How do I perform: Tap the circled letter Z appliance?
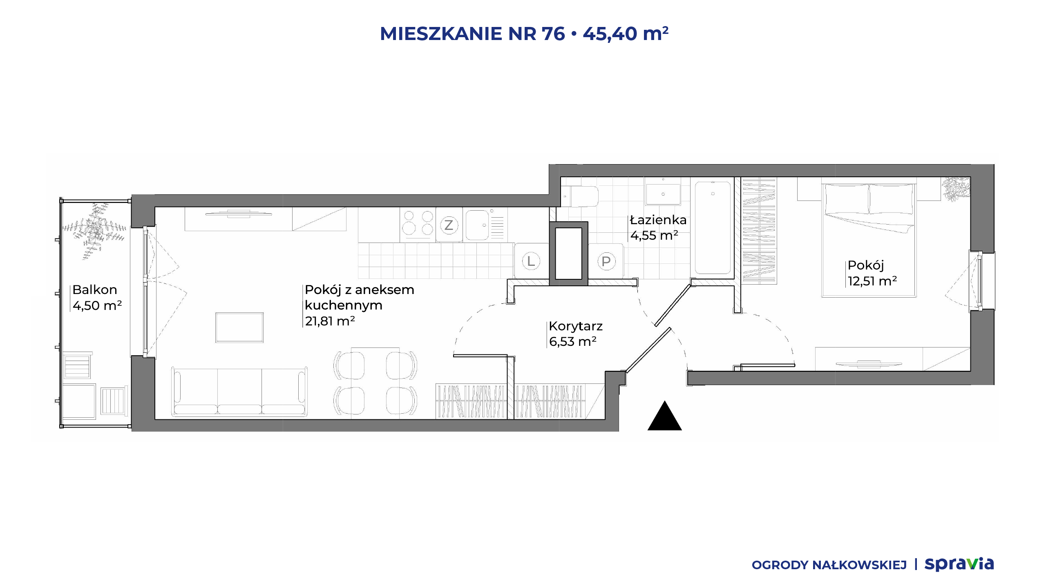449,225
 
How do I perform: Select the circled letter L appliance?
531,261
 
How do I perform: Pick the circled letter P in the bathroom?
606,261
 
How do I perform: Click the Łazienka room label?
658,220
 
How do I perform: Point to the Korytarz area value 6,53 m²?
572,341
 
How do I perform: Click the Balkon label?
95,290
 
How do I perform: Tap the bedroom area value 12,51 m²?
872,281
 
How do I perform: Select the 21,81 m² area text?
330,321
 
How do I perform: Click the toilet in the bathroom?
580,196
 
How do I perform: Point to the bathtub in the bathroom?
713,227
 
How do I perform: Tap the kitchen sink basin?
477,225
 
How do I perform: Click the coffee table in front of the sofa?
239,327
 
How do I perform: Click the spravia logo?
959,564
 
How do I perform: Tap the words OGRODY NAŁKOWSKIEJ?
829,565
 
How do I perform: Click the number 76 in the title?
553,33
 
